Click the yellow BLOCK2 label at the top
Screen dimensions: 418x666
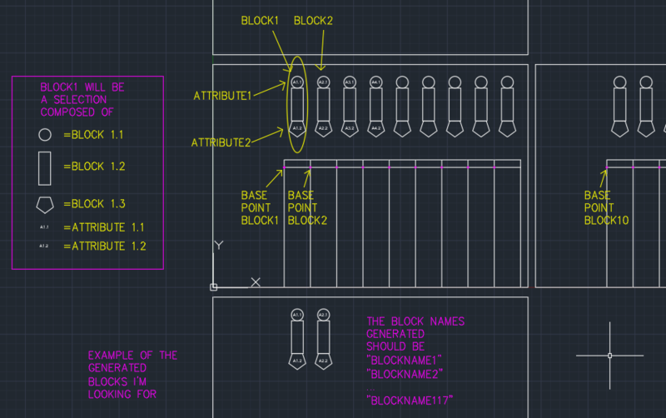point(313,21)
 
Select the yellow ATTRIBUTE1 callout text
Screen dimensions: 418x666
point(222,96)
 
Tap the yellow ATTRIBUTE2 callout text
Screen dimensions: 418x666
point(221,142)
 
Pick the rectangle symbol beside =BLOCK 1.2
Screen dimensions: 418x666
point(45,167)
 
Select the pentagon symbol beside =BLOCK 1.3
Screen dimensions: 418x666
point(45,204)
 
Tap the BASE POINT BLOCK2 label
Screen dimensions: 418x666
point(307,208)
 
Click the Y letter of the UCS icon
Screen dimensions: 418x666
point(219,246)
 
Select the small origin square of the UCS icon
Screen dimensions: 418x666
point(214,286)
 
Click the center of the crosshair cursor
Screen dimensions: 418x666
point(609,356)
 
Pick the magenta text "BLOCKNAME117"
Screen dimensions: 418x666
point(414,401)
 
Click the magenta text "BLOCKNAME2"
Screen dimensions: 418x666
point(404,373)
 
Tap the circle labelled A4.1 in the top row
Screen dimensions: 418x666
point(375,82)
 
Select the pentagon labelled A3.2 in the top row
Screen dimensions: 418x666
point(350,129)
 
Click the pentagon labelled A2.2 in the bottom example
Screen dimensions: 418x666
point(323,361)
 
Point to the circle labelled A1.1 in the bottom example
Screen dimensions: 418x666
point(297,315)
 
